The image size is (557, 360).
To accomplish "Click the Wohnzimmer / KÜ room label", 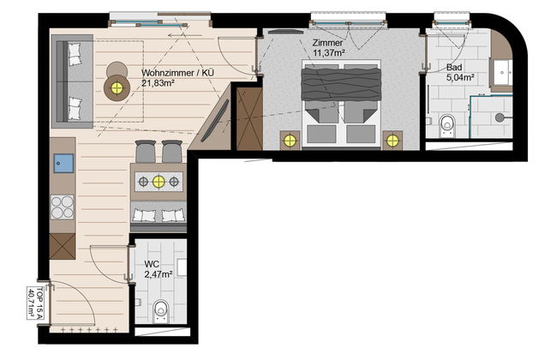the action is point(177,73).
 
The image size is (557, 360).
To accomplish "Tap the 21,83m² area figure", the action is point(158,83).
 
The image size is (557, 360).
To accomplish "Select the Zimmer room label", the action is point(327,43).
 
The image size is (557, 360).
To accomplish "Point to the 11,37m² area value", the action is point(329,53).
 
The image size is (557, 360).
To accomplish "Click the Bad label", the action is point(454,67).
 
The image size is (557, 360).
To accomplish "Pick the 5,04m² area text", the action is point(460,77).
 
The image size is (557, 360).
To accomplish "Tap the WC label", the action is point(152,264).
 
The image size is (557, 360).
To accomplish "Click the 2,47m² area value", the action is point(159,274).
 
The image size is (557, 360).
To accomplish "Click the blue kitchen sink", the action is point(63,163).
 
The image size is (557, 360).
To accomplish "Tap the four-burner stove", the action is point(63,207).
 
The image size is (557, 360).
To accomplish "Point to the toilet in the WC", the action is point(161,311).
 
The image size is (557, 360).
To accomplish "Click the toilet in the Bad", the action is point(446,125).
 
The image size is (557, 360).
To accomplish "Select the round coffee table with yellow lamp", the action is point(117,87).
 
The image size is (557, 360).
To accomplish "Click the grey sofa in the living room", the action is point(73,81).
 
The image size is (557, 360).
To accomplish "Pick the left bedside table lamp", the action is point(290,141).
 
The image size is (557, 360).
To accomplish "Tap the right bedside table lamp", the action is point(392,141).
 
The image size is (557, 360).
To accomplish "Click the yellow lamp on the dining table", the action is point(159,182).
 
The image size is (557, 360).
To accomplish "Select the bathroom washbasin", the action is point(501,73).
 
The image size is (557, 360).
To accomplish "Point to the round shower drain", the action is point(500,117).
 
